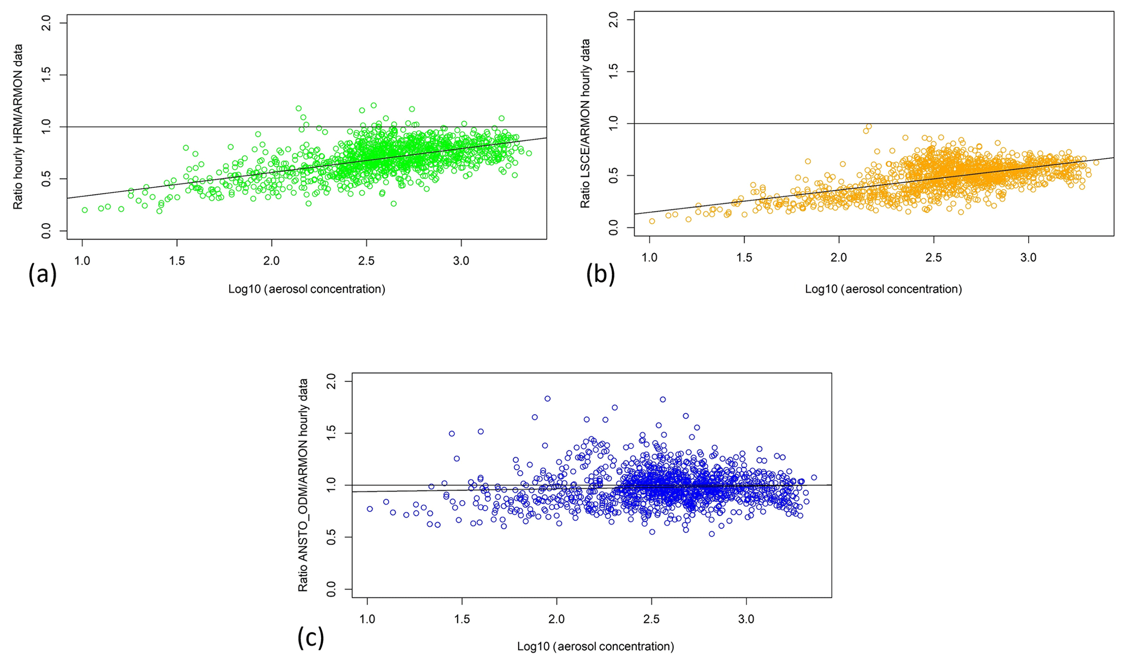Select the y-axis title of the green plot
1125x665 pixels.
tap(18, 127)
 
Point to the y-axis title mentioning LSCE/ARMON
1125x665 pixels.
tap(585, 123)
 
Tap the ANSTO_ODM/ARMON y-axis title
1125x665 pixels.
tap(303, 485)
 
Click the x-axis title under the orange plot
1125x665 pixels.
tap(883, 289)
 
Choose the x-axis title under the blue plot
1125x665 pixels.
tap(595, 646)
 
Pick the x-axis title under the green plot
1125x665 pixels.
tap(306, 289)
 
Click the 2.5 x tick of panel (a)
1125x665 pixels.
tap(366, 261)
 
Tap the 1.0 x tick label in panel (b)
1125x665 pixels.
tap(649, 257)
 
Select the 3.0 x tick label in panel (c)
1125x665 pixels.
tap(746, 619)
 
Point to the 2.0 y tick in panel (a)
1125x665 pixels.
tap(47, 23)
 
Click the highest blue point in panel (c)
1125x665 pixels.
tap(548, 398)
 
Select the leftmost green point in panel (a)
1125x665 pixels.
tap(85, 210)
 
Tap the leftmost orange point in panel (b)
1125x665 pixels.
tap(652, 221)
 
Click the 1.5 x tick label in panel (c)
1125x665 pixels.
tap(462, 619)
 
